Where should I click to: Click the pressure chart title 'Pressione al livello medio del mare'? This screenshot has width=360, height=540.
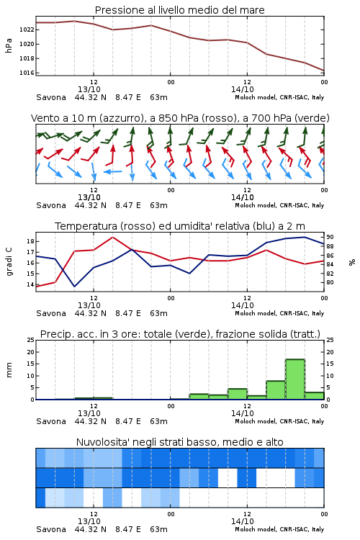[x=179, y=10]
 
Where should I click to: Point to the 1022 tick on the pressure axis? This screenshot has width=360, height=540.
[x=27, y=30]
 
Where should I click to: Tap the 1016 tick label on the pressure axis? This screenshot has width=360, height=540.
[x=27, y=73]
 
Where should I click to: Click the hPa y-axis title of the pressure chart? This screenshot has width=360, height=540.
[x=9, y=45]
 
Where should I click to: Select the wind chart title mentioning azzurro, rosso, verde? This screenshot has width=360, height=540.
[x=180, y=118]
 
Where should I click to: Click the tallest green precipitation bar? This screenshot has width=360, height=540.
[x=295, y=379]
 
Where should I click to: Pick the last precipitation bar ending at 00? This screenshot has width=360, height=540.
[x=315, y=396]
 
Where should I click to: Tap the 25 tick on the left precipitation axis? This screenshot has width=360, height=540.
[x=31, y=340]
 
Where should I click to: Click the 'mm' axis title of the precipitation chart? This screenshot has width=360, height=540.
[x=9, y=370]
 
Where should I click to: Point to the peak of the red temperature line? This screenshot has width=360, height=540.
[x=112, y=237]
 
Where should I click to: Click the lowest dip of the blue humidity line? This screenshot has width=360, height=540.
[x=74, y=286]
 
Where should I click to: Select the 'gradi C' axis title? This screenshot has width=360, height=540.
[x=9, y=261]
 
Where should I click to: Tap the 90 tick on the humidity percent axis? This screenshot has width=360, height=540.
[x=330, y=237]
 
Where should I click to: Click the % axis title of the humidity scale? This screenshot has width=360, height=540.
[x=352, y=262]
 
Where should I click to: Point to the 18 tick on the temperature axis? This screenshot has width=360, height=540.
[x=31, y=241]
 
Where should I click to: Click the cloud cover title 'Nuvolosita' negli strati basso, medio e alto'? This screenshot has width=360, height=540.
[x=179, y=442]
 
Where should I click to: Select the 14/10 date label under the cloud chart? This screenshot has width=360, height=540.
[x=242, y=521]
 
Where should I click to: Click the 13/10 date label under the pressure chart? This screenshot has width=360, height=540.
[x=89, y=89]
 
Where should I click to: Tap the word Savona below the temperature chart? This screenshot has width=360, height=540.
[x=51, y=313]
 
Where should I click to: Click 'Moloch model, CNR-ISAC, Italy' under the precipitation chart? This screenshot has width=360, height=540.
[x=279, y=421]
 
